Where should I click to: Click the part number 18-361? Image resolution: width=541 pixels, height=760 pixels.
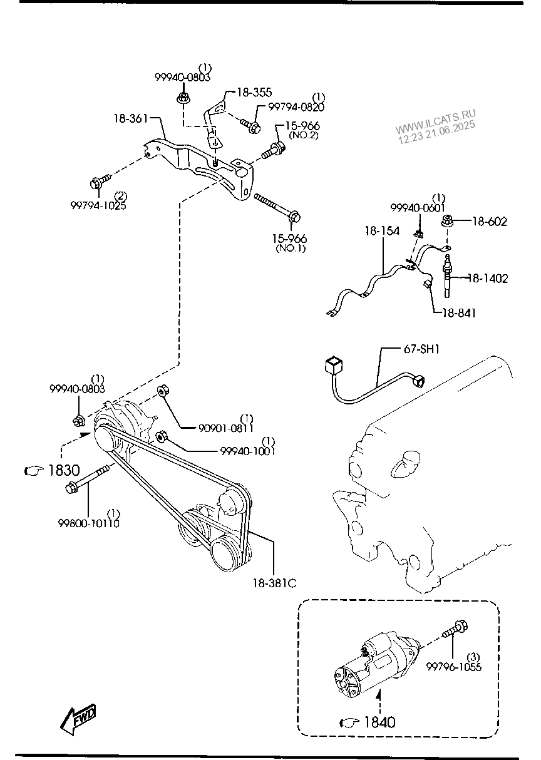(131, 118)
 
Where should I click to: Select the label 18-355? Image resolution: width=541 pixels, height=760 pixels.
(254, 92)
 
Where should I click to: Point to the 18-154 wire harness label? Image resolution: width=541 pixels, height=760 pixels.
(382, 231)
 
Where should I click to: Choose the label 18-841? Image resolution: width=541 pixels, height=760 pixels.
(458, 313)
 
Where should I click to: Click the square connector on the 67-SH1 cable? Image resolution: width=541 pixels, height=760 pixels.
(334, 366)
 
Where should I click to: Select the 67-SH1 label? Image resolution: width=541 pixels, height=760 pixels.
(421, 349)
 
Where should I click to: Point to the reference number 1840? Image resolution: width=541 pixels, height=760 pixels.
(379, 722)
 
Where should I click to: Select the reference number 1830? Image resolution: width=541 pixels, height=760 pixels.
(64, 470)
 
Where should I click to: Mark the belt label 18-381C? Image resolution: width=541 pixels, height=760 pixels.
(275, 583)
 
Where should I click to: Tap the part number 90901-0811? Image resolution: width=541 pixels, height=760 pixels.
(226, 428)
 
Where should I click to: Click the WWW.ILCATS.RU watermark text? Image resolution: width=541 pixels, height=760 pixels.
(435, 120)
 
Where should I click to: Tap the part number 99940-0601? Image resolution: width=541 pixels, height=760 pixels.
(418, 208)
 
